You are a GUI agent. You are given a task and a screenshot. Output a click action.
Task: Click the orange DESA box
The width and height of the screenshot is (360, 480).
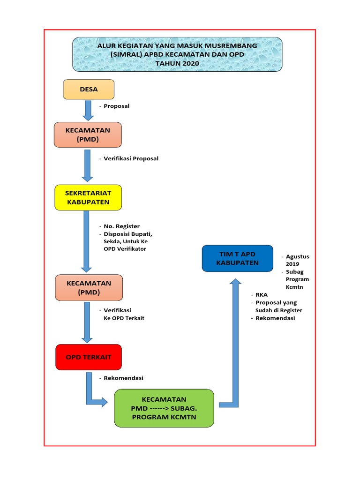click(x=89, y=90)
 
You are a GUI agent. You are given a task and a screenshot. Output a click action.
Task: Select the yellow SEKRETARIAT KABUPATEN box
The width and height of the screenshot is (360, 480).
click(x=88, y=197)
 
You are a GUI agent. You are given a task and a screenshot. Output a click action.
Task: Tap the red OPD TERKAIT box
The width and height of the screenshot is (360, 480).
click(x=88, y=357)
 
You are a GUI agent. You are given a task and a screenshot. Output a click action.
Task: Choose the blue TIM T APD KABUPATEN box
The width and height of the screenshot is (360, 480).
click(x=237, y=258)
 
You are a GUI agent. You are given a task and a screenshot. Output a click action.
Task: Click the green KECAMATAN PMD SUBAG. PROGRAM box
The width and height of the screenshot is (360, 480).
click(x=164, y=408)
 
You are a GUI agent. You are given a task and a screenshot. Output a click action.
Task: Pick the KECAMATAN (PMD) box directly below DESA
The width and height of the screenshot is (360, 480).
click(x=88, y=135)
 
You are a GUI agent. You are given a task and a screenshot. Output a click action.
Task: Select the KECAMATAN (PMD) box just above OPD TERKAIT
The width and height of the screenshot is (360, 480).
click(x=89, y=288)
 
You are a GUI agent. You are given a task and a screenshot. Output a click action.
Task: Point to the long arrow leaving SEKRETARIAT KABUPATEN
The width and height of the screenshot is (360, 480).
click(x=87, y=241)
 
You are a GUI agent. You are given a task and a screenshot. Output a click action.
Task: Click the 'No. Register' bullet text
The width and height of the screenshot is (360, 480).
click(x=121, y=226)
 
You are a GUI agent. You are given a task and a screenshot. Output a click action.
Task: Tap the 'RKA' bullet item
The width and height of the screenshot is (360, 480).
click(x=261, y=295)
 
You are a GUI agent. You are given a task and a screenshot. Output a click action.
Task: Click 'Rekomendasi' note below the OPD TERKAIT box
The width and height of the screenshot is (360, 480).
click(x=123, y=378)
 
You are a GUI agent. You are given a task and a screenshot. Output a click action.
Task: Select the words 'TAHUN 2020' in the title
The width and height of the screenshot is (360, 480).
click(x=177, y=63)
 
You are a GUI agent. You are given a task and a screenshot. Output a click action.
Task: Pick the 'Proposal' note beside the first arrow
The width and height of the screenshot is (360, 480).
click(x=116, y=106)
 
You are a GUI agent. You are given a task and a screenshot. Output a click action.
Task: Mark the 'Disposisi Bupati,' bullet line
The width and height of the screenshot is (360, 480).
click(x=127, y=234)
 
